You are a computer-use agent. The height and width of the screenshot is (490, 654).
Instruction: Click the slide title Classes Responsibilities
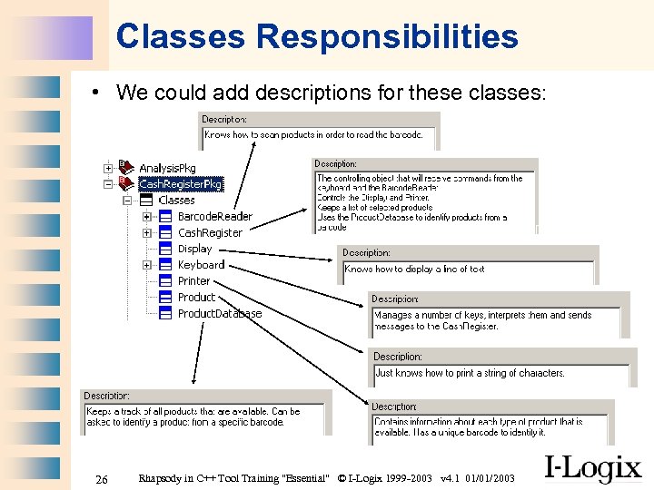point(317,36)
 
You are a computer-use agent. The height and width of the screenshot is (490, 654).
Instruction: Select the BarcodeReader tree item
point(214,217)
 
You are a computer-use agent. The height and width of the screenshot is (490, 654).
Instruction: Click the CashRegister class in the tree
point(210,233)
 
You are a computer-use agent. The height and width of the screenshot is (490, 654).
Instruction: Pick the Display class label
point(194,249)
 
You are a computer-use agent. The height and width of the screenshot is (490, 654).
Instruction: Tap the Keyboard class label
point(201,265)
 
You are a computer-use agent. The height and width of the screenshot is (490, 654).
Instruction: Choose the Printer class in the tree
point(193,281)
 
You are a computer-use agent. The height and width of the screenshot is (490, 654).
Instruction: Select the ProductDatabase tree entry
point(219,314)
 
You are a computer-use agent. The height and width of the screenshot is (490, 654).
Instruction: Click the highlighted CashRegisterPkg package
point(180,184)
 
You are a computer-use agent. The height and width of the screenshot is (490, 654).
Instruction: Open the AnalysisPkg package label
point(167,169)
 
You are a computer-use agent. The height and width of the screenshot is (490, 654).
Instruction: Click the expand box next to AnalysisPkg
point(108,168)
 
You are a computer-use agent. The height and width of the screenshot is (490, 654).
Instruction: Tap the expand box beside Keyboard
point(147,265)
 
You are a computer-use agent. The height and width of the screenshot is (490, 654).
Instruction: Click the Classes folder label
point(176,201)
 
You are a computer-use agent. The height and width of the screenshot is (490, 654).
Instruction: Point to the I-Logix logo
point(592,468)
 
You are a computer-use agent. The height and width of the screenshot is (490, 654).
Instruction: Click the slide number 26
point(103,478)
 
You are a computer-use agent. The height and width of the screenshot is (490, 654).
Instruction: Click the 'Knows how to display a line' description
point(414,269)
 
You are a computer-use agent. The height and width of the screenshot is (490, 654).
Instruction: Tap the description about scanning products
point(313,135)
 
